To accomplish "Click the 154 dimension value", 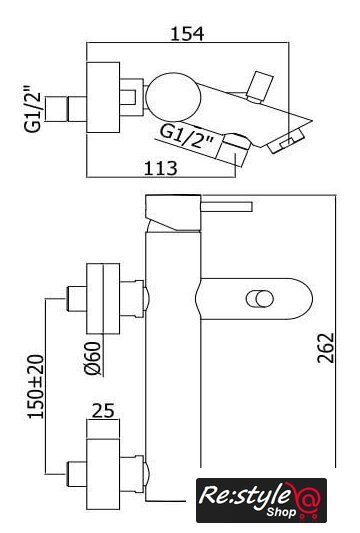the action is [x=187, y=34].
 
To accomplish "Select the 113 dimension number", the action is [x=161, y=168].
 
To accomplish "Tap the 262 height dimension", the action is [x=326, y=348].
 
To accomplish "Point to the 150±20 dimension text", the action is [x=36, y=386].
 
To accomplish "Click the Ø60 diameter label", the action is [x=93, y=358].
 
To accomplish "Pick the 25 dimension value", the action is [x=103, y=411].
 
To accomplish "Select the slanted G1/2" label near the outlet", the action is [x=187, y=137].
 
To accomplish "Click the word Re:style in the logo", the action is [x=244, y=495].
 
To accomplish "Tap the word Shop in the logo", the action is [x=281, y=512].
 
